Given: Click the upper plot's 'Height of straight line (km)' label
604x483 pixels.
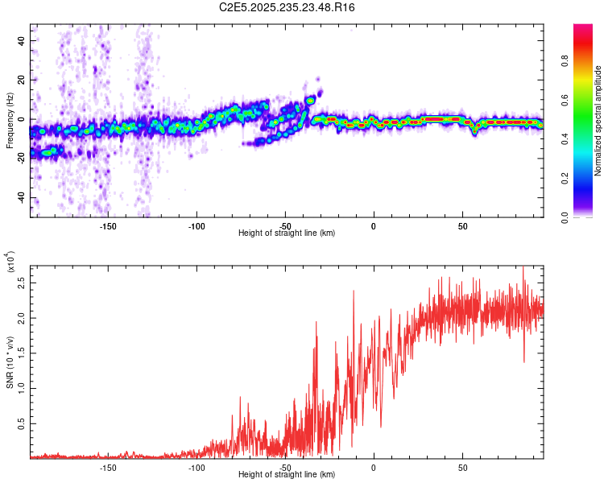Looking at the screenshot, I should click(287, 233).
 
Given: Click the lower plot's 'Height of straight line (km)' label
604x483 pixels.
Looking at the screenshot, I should click(287, 474).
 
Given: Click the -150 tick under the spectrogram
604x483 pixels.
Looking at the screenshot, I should click(108, 225).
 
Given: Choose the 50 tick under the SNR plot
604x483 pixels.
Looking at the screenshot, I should click(462, 467).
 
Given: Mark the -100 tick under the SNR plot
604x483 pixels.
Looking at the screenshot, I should click(196, 467).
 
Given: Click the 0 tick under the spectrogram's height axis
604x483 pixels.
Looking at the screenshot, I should click(374, 225).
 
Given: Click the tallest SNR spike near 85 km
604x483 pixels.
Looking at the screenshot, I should click(524, 268).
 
